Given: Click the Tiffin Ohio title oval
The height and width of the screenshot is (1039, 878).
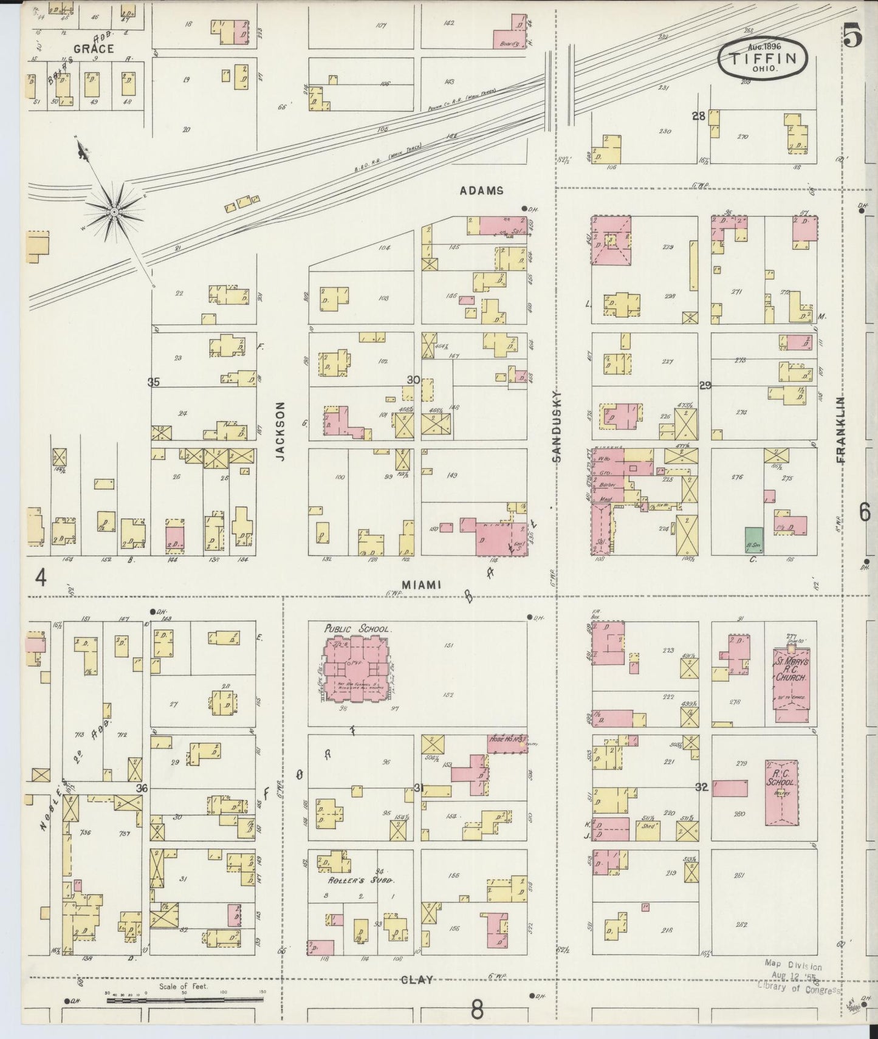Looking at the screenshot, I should coord(764,58).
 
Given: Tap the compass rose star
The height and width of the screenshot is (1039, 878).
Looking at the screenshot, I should coord(114,211).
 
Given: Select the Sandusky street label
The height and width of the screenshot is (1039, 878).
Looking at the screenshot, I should coord(556,427).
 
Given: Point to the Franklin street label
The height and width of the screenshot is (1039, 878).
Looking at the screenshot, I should coord(841,430).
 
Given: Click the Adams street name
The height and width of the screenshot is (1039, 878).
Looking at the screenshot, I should coord(481,190).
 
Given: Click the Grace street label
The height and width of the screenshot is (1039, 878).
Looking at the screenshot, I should coord(94,49).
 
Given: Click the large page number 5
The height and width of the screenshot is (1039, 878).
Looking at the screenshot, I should coord(852,37).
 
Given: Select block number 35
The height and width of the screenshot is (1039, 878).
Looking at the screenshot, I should coord(153,382).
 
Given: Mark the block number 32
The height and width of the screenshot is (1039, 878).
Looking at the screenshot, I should coord(702,787).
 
